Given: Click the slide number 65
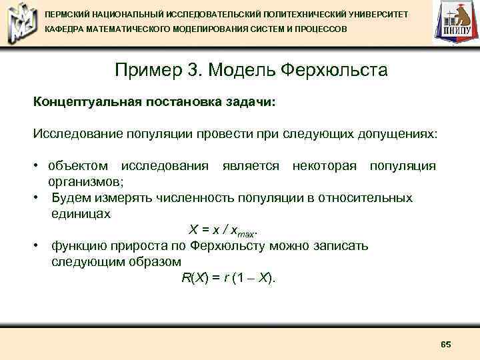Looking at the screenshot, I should [x=446, y=344].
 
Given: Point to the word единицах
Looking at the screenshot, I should [x=81, y=213].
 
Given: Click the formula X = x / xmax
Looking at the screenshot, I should [x=223, y=230].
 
